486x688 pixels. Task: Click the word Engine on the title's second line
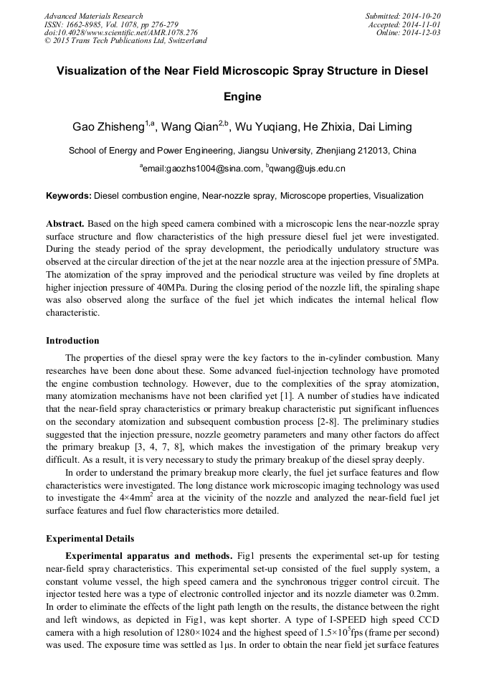243,97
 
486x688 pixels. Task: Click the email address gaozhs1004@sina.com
202,169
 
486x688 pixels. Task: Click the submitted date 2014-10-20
421,16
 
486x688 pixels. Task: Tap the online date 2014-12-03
421,32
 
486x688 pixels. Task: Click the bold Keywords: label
69,196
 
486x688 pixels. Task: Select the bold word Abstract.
65,223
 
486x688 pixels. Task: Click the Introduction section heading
72,341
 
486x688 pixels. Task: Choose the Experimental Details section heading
90,538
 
